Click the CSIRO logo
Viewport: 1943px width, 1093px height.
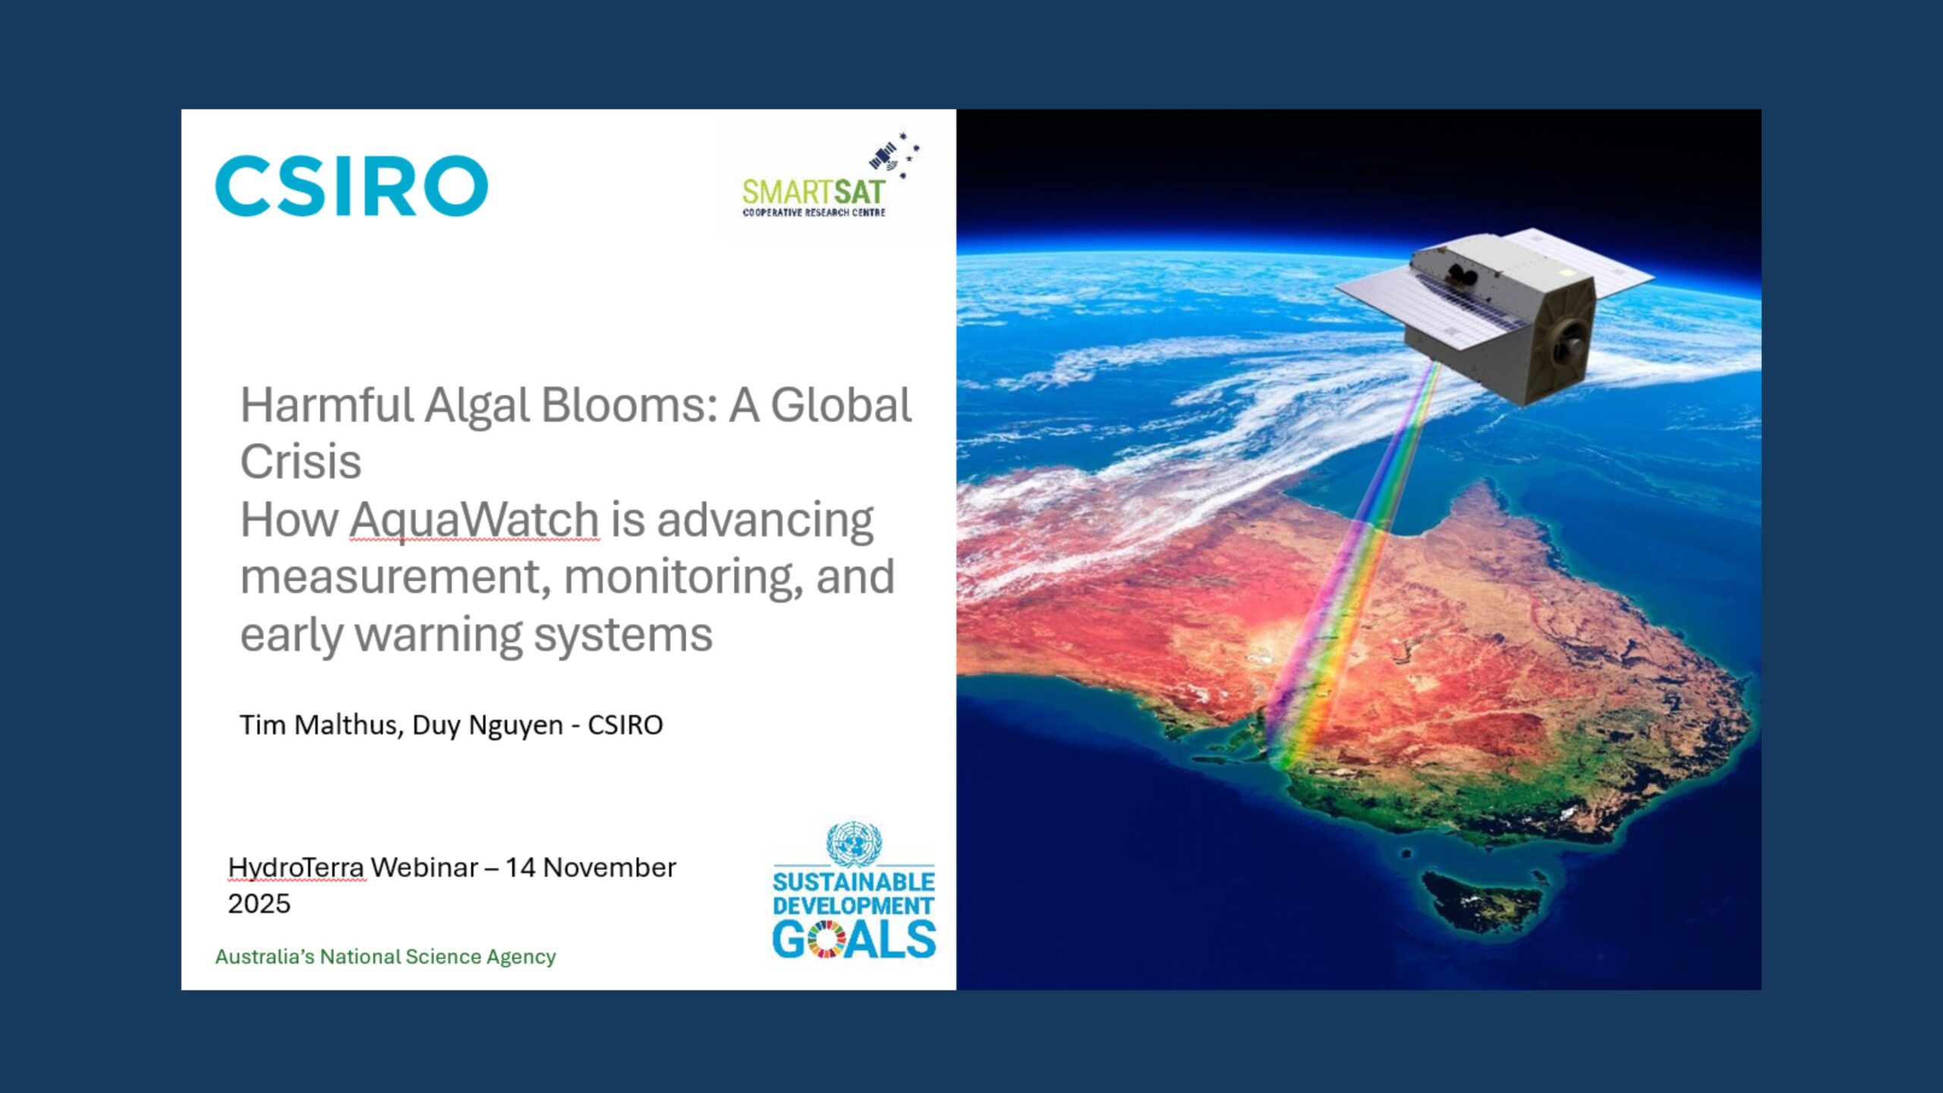pos(351,186)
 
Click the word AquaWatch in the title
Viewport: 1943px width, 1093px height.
pos(474,520)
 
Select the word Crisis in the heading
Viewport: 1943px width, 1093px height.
pos(301,461)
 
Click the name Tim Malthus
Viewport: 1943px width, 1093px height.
pos(319,725)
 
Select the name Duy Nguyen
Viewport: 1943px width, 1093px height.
pos(488,725)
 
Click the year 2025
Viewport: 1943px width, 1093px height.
pos(259,904)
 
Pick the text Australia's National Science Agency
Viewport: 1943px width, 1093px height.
pos(385,956)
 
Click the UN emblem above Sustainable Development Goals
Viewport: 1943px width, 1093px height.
pos(854,843)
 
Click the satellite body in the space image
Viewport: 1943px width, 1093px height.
pos(1510,319)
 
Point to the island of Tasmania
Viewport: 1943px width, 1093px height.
pos(1480,903)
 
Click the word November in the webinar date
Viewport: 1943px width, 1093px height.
pos(609,868)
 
